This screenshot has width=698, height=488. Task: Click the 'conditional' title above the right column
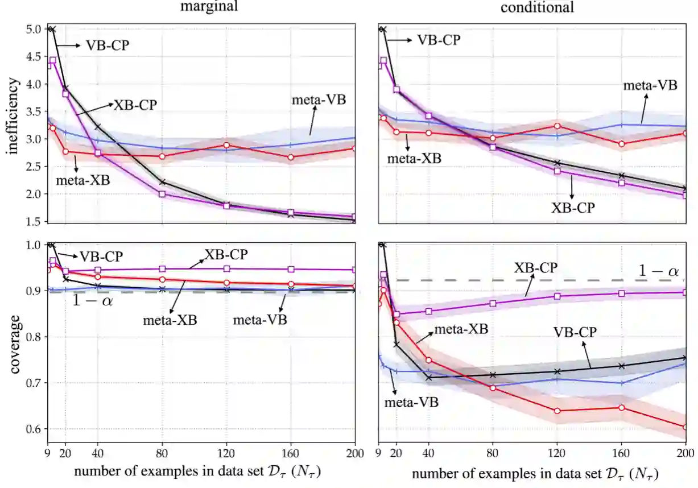tap(537, 7)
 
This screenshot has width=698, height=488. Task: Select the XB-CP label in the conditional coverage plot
tap(536, 267)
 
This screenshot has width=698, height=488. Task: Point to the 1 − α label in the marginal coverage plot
tap(92, 301)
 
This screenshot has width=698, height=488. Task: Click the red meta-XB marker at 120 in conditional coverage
tap(557, 411)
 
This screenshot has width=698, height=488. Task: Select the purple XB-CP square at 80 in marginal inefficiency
tap(162, 194)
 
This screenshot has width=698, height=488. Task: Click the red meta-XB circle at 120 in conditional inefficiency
tap(557, 126)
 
